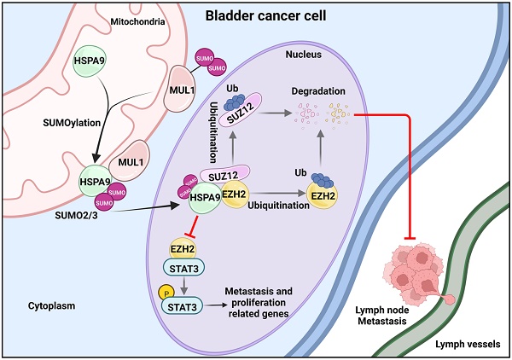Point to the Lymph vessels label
[468, 342]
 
